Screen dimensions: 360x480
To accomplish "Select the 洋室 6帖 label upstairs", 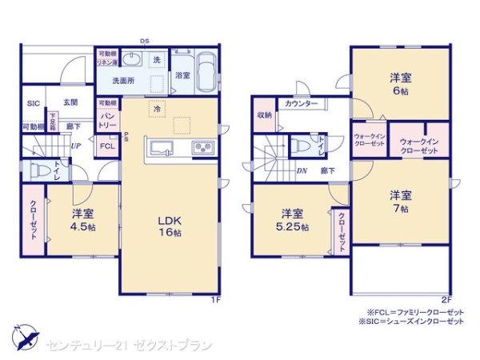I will click(400, 83).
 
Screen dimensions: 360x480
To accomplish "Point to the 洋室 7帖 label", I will click(400, 201).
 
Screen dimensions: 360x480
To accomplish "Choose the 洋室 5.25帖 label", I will click(291, 220).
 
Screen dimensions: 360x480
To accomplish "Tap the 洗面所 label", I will click(122, 81).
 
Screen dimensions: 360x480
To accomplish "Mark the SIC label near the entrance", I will click(33, 103).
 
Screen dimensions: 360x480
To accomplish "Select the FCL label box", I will click(107, 146).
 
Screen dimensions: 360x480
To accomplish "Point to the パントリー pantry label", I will click(107, 119).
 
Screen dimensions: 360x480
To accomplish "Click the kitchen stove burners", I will click(200, 148).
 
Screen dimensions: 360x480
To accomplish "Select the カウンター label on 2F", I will click(301, 105).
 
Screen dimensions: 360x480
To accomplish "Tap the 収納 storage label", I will click(264, 115).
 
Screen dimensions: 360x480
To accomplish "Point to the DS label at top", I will click(144, 40).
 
